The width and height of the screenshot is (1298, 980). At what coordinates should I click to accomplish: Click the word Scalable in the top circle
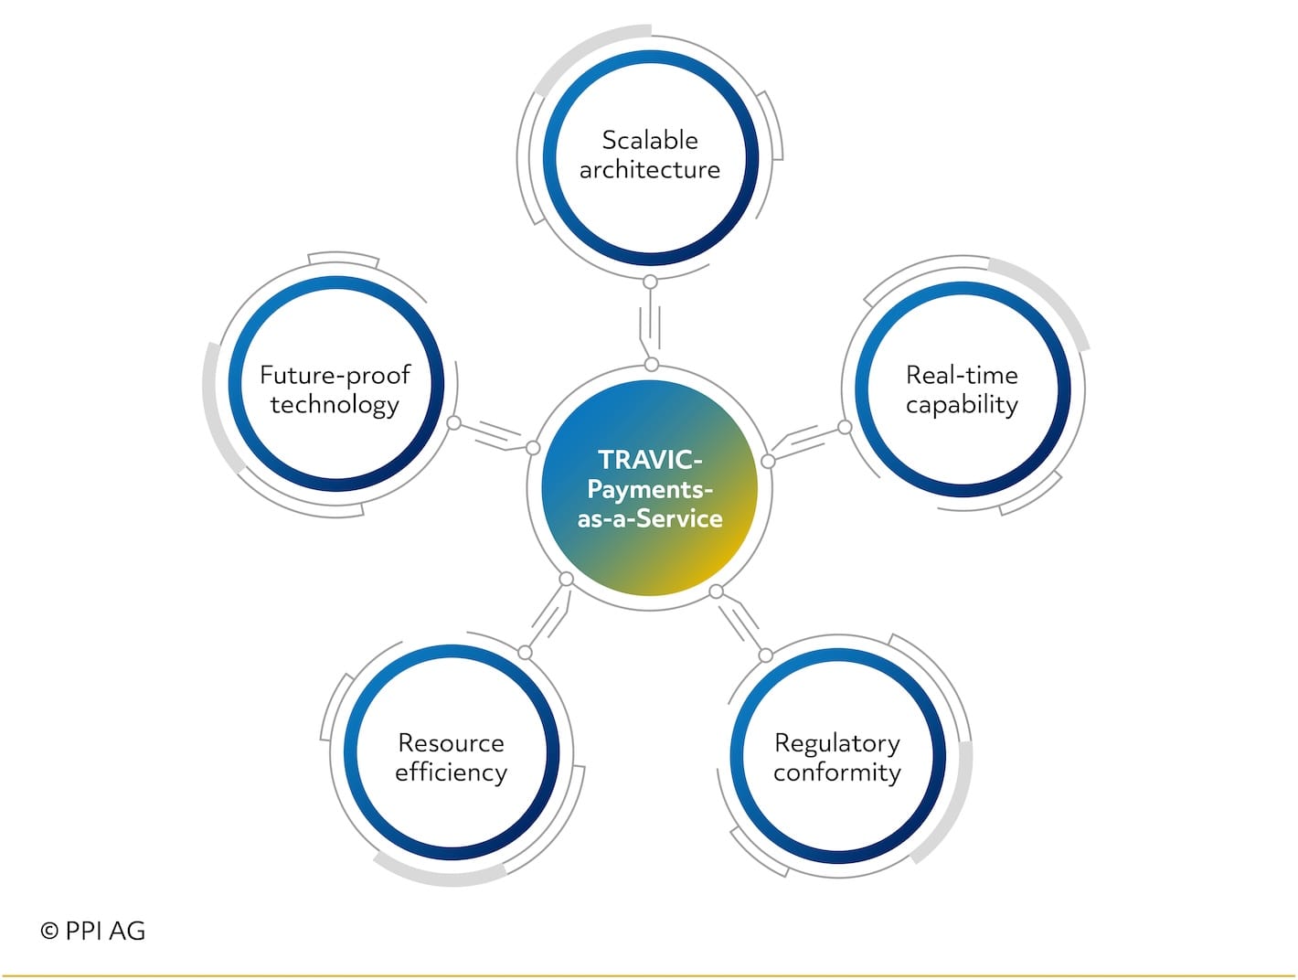coord(649,140)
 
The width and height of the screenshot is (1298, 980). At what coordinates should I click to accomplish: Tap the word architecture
coord(649,170)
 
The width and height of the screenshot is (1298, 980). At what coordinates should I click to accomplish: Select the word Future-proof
coord(335,376)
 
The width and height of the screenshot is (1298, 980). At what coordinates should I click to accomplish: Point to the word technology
coord(335,406)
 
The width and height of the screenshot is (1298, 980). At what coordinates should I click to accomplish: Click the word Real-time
coord(962,375)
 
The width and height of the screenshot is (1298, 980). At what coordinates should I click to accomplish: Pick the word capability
coord(962,406)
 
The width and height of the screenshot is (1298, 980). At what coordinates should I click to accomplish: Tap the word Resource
coord(452,743)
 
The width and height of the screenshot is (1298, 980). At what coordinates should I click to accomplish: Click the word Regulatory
coord(837,744)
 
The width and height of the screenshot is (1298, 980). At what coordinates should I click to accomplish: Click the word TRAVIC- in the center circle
coord(649,460)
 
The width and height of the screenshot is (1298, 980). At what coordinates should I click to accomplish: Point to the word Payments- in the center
coord(649,490)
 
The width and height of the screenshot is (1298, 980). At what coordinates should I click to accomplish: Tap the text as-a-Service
coord(649,518)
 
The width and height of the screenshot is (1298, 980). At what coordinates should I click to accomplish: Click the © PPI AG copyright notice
coord(93,931)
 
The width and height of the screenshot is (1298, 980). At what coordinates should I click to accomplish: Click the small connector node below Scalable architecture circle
coord(650,282)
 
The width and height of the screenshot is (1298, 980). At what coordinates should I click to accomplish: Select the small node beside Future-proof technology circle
coord(453,422)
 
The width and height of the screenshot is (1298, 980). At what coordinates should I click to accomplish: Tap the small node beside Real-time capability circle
coord(845,427)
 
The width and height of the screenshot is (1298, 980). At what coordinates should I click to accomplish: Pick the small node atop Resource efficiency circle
coord(525,653)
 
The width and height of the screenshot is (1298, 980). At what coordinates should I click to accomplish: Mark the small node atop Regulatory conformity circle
coord(766,655)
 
